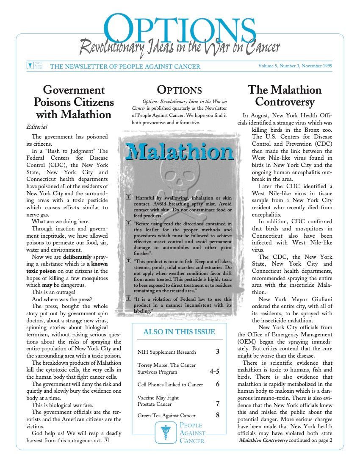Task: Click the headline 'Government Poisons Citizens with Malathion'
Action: (x=74, y=102)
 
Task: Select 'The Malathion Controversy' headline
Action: (x=284, y=96)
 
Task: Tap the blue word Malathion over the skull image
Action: (x=180, y=152)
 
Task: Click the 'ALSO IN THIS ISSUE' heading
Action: (x=179, y=332)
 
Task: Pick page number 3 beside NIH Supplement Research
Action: (x=217, y=352)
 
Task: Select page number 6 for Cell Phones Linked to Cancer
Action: (x=217, y=385)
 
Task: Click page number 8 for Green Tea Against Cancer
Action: (x=217, y=416)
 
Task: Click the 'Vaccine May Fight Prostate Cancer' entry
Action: (x=158, y=401)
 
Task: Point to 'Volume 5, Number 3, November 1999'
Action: (x=295, y=66)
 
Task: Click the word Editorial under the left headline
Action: (x=37, y=127)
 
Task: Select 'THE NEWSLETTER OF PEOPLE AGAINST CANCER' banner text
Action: (x=125, y=67)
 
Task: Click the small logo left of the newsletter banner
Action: (x=30, y=66)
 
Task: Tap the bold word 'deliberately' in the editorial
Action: (x=78, y=257)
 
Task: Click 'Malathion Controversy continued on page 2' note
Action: (x=285, y=440)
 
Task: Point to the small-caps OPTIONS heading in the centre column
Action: (x=179, y=90)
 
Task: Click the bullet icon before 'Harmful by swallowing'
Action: (x=129, y=197)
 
